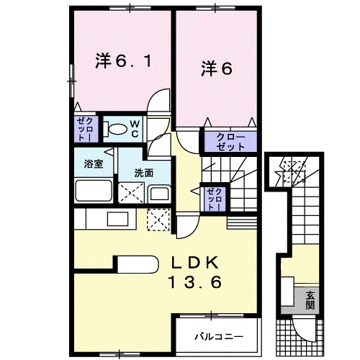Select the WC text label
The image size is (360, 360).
tap(133, 127)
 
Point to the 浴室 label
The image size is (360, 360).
tap(94, 163)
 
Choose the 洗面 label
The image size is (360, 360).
tap(143, 173)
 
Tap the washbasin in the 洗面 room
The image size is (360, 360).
tap(158, 192)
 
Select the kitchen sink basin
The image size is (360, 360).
tap(116, 218)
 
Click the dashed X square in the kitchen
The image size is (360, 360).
tap(156, 218)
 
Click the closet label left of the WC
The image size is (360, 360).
tap(83, 128)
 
